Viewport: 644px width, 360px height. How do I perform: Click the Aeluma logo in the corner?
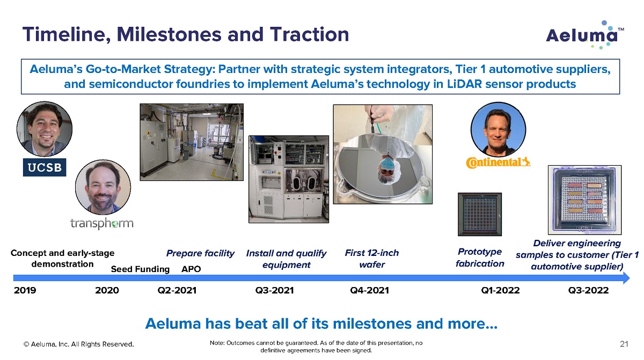(x=585, y=35)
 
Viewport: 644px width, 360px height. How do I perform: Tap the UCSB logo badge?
(x=45, y=167)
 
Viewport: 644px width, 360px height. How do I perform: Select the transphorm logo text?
(x=102, y=223)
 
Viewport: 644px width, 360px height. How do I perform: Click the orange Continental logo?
(x=498, y=163)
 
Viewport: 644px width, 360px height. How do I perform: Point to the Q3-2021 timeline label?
(x=275, y=290)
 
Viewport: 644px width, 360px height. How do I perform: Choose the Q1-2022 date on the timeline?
(x=500, y=290)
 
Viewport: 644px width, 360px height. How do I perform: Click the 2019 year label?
(x=25, y=290)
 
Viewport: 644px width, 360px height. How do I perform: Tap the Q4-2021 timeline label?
(x=369, y=290)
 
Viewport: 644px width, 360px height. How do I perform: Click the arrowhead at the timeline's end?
(x=626, y=278)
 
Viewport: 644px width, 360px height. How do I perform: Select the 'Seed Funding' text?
(x=140, y=269)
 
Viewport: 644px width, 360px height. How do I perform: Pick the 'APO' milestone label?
(x=191, y=269)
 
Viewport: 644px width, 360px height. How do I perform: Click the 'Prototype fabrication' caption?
(x=480, y=258)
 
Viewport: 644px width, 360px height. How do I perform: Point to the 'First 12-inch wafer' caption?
(x=372, y=259)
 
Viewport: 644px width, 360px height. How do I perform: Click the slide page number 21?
(x=624, y=344)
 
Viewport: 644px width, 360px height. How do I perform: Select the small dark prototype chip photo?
(x=480, y=214)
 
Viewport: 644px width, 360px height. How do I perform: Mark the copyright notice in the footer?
(x=79, y=344)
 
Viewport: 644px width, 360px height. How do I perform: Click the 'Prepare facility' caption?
(x=200, y=253)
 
